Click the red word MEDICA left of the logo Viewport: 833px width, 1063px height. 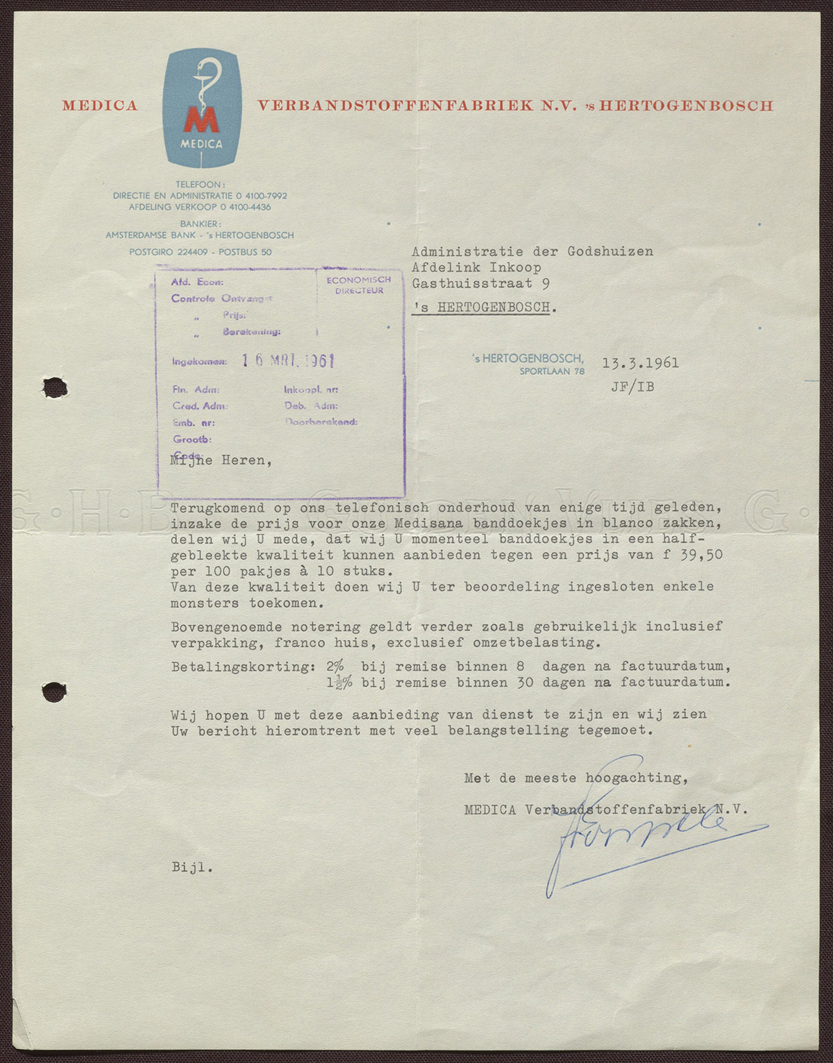click(x=100, y=106)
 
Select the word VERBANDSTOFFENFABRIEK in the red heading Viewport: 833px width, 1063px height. click(x=396, y=106)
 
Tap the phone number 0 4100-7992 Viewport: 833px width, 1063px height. click(x=262, y=196)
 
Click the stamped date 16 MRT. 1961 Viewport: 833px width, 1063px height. click(x=288, y=360)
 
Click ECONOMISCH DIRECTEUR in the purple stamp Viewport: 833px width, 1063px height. click(x=359, y=285)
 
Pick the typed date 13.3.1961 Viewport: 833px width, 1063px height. click(x=640, y=362)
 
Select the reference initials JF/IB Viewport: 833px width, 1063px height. click(x=632, y=387)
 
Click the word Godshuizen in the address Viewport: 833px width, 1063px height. click(x=610, y=251)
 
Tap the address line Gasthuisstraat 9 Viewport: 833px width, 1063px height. click(x=480, y=283)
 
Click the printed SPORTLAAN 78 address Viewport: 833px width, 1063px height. click(x=552, y=371)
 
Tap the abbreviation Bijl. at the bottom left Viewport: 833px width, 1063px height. click(x=192, y=867)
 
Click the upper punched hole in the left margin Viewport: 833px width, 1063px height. click(x=53, y=387)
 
